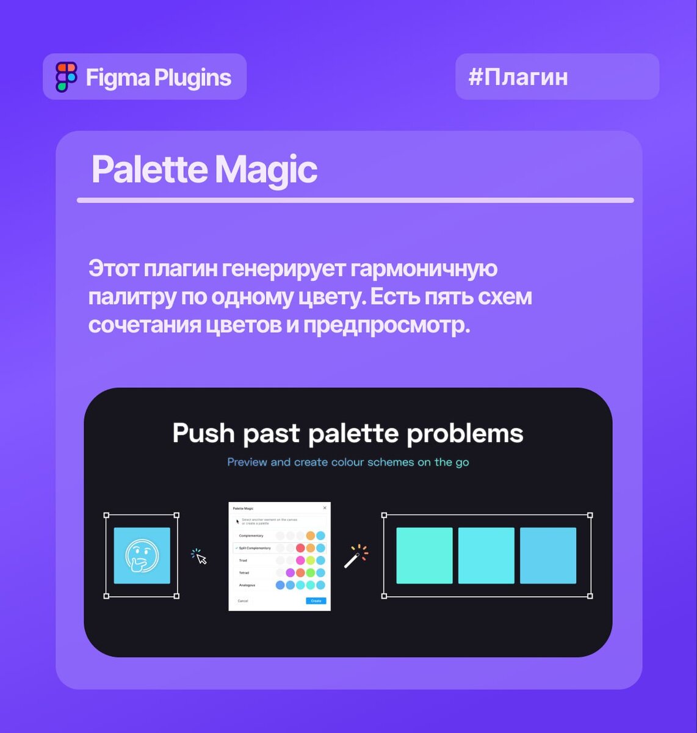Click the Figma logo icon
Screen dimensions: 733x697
pos(67,77)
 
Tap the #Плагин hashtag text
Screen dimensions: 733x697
pos(518,77)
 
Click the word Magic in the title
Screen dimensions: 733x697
pos(265,169)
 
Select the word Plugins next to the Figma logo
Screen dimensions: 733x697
pos(192,78)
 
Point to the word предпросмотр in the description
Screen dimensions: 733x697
pos(386,325)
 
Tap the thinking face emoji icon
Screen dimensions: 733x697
pos(142,555)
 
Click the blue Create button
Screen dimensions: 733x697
pos(316,601)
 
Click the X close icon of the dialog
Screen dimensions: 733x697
pos(325,508)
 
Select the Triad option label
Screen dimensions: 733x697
pos(243,560)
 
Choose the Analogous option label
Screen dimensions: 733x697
pos(247,585)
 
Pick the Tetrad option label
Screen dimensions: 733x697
pos(244,573)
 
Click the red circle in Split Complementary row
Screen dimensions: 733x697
pos(300,548)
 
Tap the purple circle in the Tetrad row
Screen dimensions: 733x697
pos(291,573)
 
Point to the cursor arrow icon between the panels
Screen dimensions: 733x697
pos(201,557)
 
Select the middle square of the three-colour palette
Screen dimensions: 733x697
pos(486,555)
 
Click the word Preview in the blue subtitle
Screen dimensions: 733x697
pos(247,462)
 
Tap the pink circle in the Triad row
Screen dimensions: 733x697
pos(300,560)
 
